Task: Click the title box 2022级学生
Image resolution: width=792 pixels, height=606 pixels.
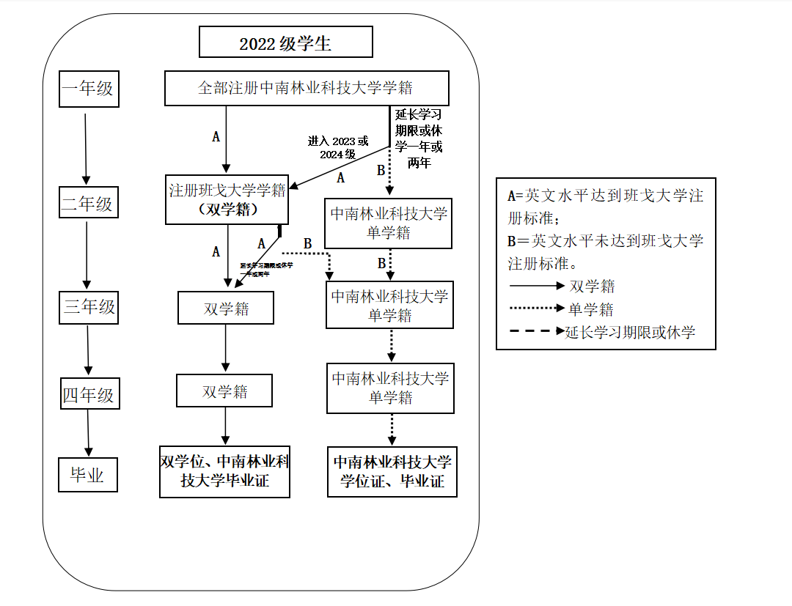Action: (286, 43)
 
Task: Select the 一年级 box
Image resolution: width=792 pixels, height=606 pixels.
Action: (88, 89)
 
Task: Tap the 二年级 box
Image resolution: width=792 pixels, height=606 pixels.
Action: (87, 203)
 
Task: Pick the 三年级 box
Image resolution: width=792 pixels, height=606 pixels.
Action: (89, 307)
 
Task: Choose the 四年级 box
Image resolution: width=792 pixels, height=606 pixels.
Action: (89, 396)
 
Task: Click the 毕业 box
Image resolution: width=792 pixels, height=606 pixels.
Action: (87, 476)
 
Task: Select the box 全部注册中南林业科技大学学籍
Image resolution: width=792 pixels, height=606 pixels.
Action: (306, 88)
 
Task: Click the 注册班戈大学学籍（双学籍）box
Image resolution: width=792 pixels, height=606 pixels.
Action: (227, 199)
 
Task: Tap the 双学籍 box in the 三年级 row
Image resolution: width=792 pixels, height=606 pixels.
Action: (226, 308)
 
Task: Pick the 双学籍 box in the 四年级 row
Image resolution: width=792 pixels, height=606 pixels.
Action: (224, 391)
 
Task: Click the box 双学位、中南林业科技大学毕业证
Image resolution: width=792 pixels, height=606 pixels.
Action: (225, 471)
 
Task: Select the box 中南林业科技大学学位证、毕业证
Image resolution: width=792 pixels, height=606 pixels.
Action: (392, 472)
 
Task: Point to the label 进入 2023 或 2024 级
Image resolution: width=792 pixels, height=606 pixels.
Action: (338, 147)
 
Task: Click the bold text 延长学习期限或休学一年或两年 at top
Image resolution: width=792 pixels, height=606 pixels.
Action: (419, 138)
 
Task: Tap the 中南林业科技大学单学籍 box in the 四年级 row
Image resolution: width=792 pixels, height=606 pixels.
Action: (391, 388)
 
